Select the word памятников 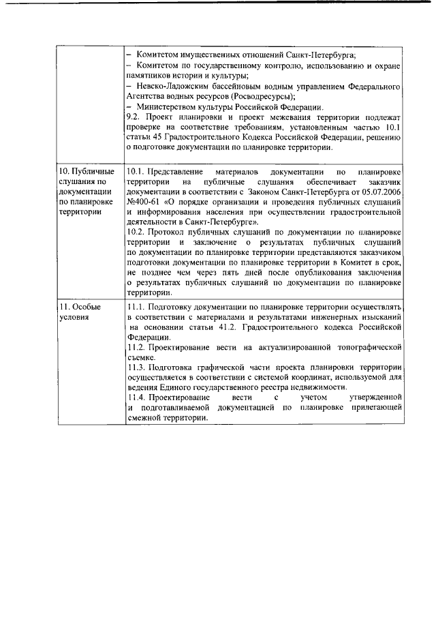click(149, 76)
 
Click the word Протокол click(170, 232)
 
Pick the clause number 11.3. click(137, 368)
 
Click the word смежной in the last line click(146, 419)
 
